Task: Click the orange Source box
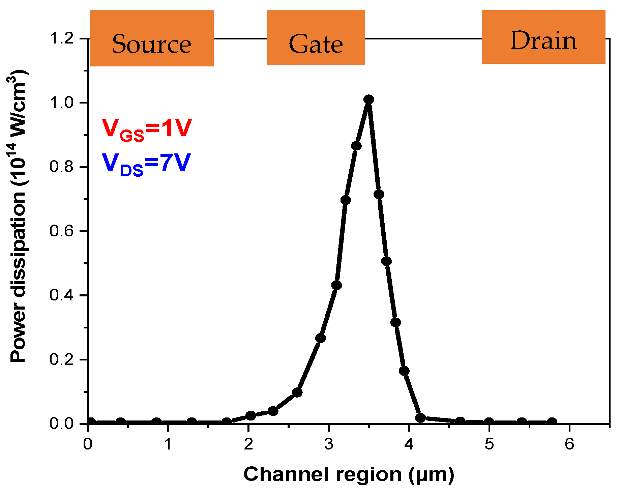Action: point(152,38)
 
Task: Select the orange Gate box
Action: point(316,37)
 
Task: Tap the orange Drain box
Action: point(543,37)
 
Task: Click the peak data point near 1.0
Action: point(368,99)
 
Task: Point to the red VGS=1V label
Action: point(147,129)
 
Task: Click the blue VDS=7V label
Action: point(146,164)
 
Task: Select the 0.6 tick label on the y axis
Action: point(61,231)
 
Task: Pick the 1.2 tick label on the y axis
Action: point(61,38)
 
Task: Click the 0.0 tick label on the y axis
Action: point(61,424)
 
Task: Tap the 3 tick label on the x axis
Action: point(329,444)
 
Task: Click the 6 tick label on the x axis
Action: point(569,444)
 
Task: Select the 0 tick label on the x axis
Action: point(88,444)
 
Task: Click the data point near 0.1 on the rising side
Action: point(297,393)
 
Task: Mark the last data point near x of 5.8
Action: point(552,422)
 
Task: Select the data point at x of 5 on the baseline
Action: point(489,422)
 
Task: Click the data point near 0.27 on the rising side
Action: point(321,338)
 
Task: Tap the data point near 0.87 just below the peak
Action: point(356,146)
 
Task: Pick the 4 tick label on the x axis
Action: point(409,444)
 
